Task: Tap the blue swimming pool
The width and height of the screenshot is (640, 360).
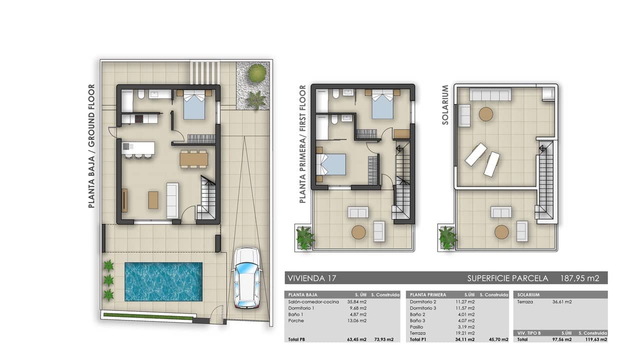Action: click(163, 281)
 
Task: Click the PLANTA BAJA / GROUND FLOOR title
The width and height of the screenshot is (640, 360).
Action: click(91, 146)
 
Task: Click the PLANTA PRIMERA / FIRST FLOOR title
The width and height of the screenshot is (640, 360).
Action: click(302, 144)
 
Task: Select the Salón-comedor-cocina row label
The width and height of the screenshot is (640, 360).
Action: click(313, 301)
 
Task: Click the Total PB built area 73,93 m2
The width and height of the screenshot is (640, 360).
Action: click(383, 339)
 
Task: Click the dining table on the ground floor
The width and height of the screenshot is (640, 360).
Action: click(194, 159)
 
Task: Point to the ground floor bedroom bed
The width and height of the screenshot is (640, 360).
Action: click(194, 105)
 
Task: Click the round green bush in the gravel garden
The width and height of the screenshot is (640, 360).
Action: click(257, 72)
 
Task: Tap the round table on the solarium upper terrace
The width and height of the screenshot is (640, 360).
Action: click(486, 114)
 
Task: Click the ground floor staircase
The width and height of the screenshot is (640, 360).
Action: click(208, 197)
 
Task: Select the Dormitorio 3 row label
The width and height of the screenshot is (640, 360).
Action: click(423, 308)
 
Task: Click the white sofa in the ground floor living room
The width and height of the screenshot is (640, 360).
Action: click(172, 200)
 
